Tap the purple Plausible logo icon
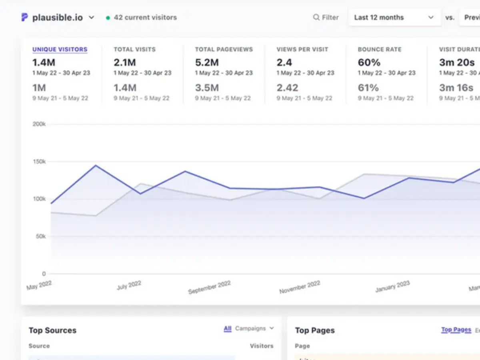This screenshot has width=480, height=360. pos(25,17)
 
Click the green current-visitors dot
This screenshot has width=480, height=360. pos(108,18)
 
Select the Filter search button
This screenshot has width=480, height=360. pos(326,18)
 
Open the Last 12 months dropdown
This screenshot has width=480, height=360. pos(394,18)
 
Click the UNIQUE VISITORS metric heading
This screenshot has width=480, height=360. pos(60,50)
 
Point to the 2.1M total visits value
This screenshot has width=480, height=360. pos(124,62)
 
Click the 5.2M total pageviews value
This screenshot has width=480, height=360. pos(206,62)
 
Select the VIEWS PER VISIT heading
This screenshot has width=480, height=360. pos(302,50)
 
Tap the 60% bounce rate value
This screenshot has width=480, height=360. pos(369,62)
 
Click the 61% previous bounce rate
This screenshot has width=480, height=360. pos(368,88)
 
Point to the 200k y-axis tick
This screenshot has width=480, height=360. pos(39,124)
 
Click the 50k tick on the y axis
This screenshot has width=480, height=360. pos(40,236)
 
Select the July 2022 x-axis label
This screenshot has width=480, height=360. pos(129,285)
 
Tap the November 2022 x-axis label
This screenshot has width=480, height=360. pos(300,287)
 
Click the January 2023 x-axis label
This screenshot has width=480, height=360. pos(392,286)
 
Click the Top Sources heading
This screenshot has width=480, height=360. pos(52,330)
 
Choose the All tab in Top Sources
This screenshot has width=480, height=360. pos(228,329)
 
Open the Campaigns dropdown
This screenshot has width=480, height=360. pos(254,328)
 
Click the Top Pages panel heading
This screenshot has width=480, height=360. pos(315,330)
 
